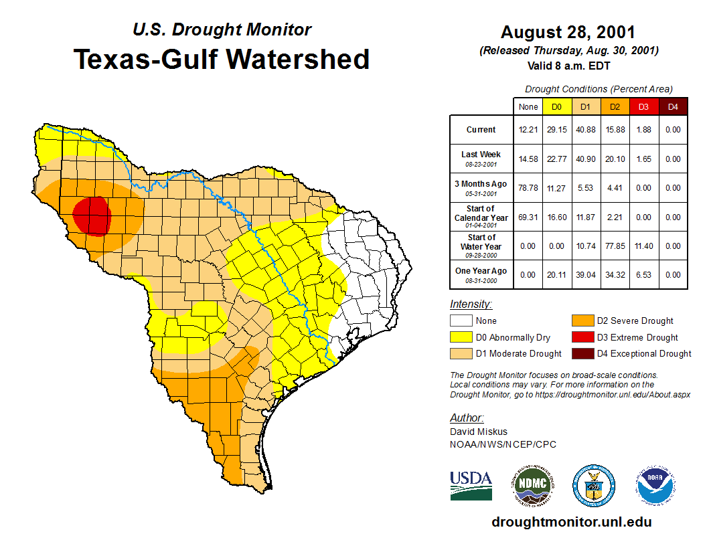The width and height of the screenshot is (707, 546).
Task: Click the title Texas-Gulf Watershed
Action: pyautogui.click(x=221, y=59)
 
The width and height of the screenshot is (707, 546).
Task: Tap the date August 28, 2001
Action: pyautogui.click(x=568, y=32)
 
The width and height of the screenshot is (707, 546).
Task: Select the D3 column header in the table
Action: pyautogui.click(x=643, y=106)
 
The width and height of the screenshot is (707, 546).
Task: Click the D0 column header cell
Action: pyautogui.click(x=556, y=106)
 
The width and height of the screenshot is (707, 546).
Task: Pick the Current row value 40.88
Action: pyautogui.click(x=585, y=130)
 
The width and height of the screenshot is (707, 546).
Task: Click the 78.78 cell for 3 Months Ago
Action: pyautogui.click(x=528, y=188)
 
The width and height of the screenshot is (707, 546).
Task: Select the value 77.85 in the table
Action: pyautogui.click(x=615, y=246)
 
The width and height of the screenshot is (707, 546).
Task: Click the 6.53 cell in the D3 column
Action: pyautogui.click(x=643, y=274)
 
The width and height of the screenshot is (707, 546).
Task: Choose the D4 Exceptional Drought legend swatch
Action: pyautogui.click(x=582, y=354)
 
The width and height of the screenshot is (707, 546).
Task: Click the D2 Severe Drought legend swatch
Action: pyautogui.click(x=582, y=321)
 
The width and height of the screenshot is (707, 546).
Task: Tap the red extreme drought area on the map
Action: pyautogui.click(x=91, y=215)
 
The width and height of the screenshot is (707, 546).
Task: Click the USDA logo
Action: pyautogui.click(x=471, y=485)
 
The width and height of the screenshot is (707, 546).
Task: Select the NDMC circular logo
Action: pyautogui.click(x=533, y=485)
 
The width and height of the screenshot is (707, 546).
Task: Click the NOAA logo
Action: pyautogui.click(x=655, y=485)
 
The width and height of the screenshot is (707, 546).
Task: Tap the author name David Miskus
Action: pyautogui.click(x=479, y=432)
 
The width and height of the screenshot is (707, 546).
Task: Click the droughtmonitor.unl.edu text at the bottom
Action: pyautogui.click(x=571, y=522)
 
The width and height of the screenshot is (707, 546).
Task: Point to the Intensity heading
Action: pyautogui.click(x=471, y=304)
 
